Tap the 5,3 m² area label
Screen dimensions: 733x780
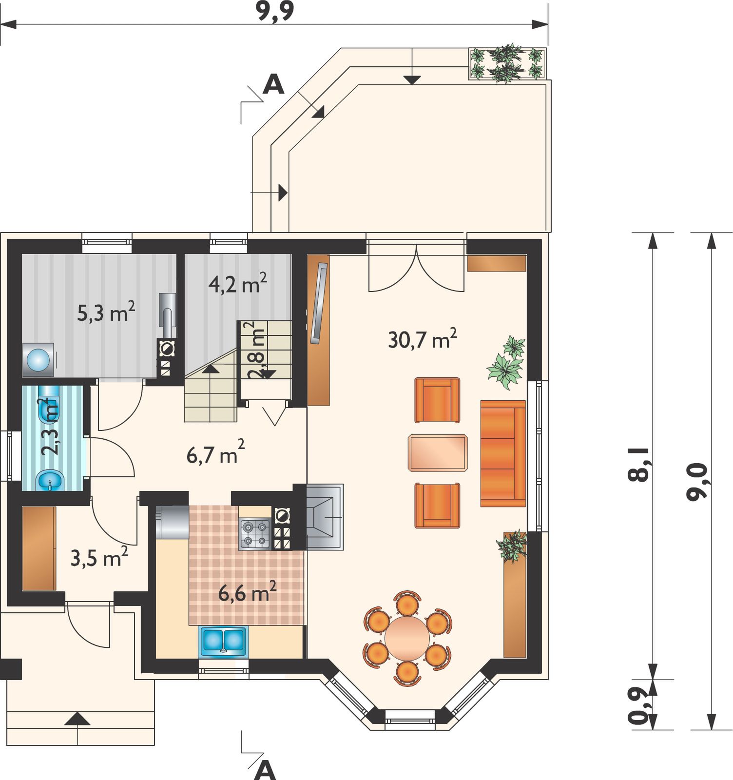(x=106, y=312)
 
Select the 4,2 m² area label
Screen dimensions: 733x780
(x=237, y=283)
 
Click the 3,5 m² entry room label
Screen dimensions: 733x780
(x=99, y=557)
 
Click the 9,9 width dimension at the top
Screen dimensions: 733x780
(x=275, y=12)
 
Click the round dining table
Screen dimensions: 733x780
(x=407, y=638)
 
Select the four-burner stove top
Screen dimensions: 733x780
(x=255, y=534)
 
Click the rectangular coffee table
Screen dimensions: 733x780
(x=438, y=453)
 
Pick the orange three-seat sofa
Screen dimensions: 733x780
(x=503, y=453)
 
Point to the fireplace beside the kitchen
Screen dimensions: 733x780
(x=325, y=517)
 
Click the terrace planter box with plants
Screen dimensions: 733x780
(x=507, y=63)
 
